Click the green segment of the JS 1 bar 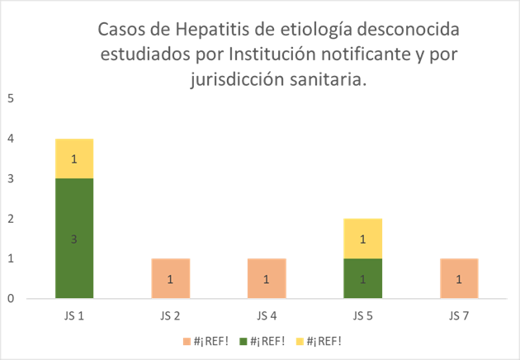click(x=74, y=238)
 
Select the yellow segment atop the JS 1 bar click(x=74, y=159)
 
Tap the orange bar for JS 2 click(x=170, y=278)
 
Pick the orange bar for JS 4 click(x=267, y=278)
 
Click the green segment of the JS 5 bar click(x=362, y=278)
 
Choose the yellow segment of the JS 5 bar click(x=362, y=239)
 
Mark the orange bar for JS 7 click(x=458, y=278)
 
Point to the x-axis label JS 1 click(x=74, y=315)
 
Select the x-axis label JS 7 click(x=458, y=315)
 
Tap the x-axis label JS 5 click(x=362, y=315)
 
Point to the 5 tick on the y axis click(x=11, y=99)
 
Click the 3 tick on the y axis click(x=11, y=178)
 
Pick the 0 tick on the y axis click(x=11, y=299)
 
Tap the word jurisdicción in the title click(x=235, y=80)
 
